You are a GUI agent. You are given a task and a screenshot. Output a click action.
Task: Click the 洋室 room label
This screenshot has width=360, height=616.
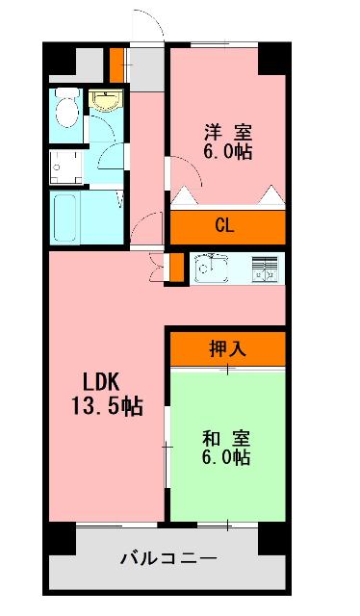(227, 132)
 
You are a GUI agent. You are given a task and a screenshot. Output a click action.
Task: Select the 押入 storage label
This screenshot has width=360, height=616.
(227, 348)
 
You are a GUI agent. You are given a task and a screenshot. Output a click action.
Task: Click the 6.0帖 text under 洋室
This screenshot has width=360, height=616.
(227, 152)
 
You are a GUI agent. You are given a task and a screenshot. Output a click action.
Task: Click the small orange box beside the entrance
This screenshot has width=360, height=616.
(116, 64)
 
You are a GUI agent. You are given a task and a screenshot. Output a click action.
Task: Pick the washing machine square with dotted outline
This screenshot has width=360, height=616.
(65, 165)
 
